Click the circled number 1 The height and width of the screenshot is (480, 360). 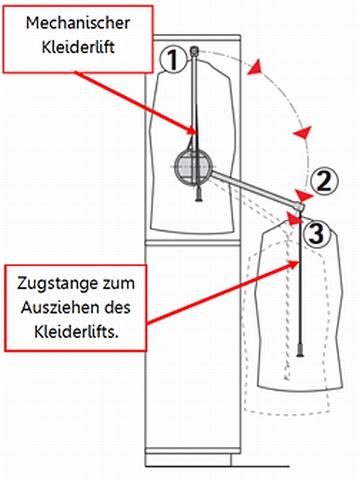coord(173,58)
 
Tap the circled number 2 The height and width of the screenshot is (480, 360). coord(325,181)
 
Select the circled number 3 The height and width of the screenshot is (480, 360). coord(317,233)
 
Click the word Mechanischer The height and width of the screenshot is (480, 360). coord(78,23)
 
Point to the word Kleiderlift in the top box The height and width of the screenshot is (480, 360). coord(78,47)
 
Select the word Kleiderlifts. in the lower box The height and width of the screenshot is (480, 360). coord(76,331)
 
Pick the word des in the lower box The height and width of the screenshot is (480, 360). coord(117,307)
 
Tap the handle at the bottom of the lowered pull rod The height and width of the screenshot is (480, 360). coord(300,350)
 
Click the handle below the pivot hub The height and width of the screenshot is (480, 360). coord(199,195)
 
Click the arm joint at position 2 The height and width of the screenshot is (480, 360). coord(300,207)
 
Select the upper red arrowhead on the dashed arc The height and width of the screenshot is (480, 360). coord(256,67)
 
